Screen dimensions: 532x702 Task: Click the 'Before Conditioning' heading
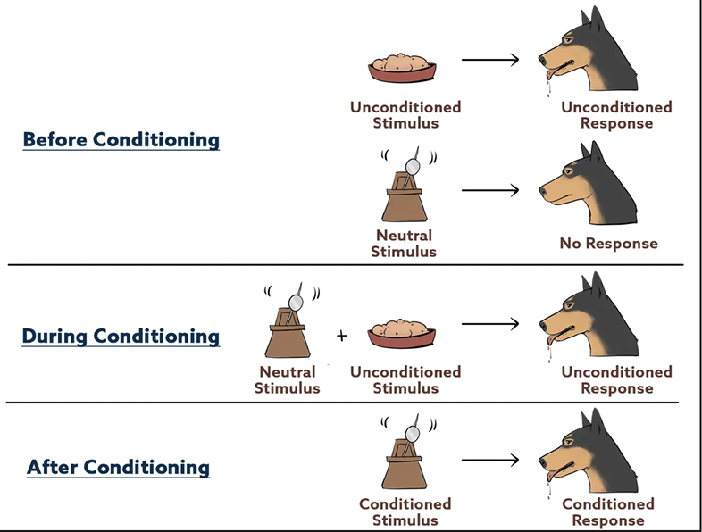point(121,140)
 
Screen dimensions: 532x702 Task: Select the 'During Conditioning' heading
point(121,337)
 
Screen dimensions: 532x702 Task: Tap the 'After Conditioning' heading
point(118,467)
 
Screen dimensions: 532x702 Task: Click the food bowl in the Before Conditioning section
point(405,70)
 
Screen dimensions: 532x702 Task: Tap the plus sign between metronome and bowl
point(341,336)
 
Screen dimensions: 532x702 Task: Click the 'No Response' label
point(608,243)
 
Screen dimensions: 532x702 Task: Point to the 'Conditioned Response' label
point(608,512)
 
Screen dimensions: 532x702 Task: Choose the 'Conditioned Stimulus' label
point(405,512)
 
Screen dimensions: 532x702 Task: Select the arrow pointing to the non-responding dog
point(490,190)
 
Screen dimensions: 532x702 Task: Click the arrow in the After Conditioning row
point(490,461)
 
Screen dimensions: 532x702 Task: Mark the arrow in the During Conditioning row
point(490,325)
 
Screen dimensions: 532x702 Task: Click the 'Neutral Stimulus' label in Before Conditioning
point(405,244)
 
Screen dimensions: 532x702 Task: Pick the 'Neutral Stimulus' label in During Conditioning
point(287,380)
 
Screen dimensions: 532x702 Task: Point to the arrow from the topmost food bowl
point(490,61)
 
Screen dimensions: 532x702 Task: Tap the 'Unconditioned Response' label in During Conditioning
point(616,380)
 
